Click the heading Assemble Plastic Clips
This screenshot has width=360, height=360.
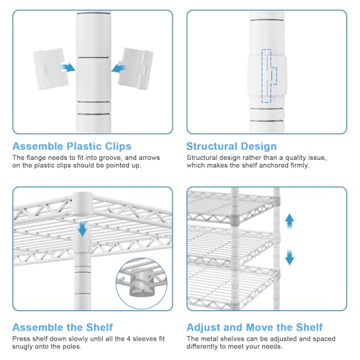(x=72, y=146)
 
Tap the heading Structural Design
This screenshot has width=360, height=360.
(x=231, y=146)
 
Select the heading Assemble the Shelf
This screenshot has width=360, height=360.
(x=63, y=327)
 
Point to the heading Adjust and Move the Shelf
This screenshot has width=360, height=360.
(x=255, y=327)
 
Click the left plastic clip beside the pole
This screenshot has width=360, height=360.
(x=50, y=69)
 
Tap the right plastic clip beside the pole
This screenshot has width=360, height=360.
(x=135, y=68)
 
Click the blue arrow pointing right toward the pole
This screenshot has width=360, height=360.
(x=68, y=68)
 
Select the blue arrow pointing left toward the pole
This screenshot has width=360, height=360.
(x=119, y=68)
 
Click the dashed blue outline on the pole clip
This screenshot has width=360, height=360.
(x=269, y=76)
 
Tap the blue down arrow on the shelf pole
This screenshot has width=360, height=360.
(x=83, y=229)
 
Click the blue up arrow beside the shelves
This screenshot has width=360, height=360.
(x=289, y=221)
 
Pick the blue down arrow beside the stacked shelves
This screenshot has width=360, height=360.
(x=289, y=257)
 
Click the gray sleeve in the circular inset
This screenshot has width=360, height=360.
(x=142, y=282)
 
